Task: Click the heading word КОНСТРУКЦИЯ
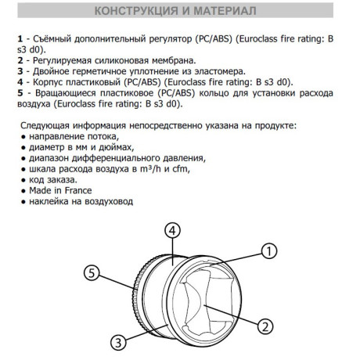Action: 135,14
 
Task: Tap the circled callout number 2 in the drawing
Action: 265,325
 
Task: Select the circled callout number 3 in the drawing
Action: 118,341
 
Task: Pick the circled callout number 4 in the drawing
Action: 174,230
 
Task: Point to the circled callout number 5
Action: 92,273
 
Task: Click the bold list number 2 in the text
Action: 19,59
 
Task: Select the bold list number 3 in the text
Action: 19,70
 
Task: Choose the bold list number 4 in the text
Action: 19,81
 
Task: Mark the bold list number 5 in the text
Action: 19,92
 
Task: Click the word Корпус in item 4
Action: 45,81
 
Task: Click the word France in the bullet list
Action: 77,190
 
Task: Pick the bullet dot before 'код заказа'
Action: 19,179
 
